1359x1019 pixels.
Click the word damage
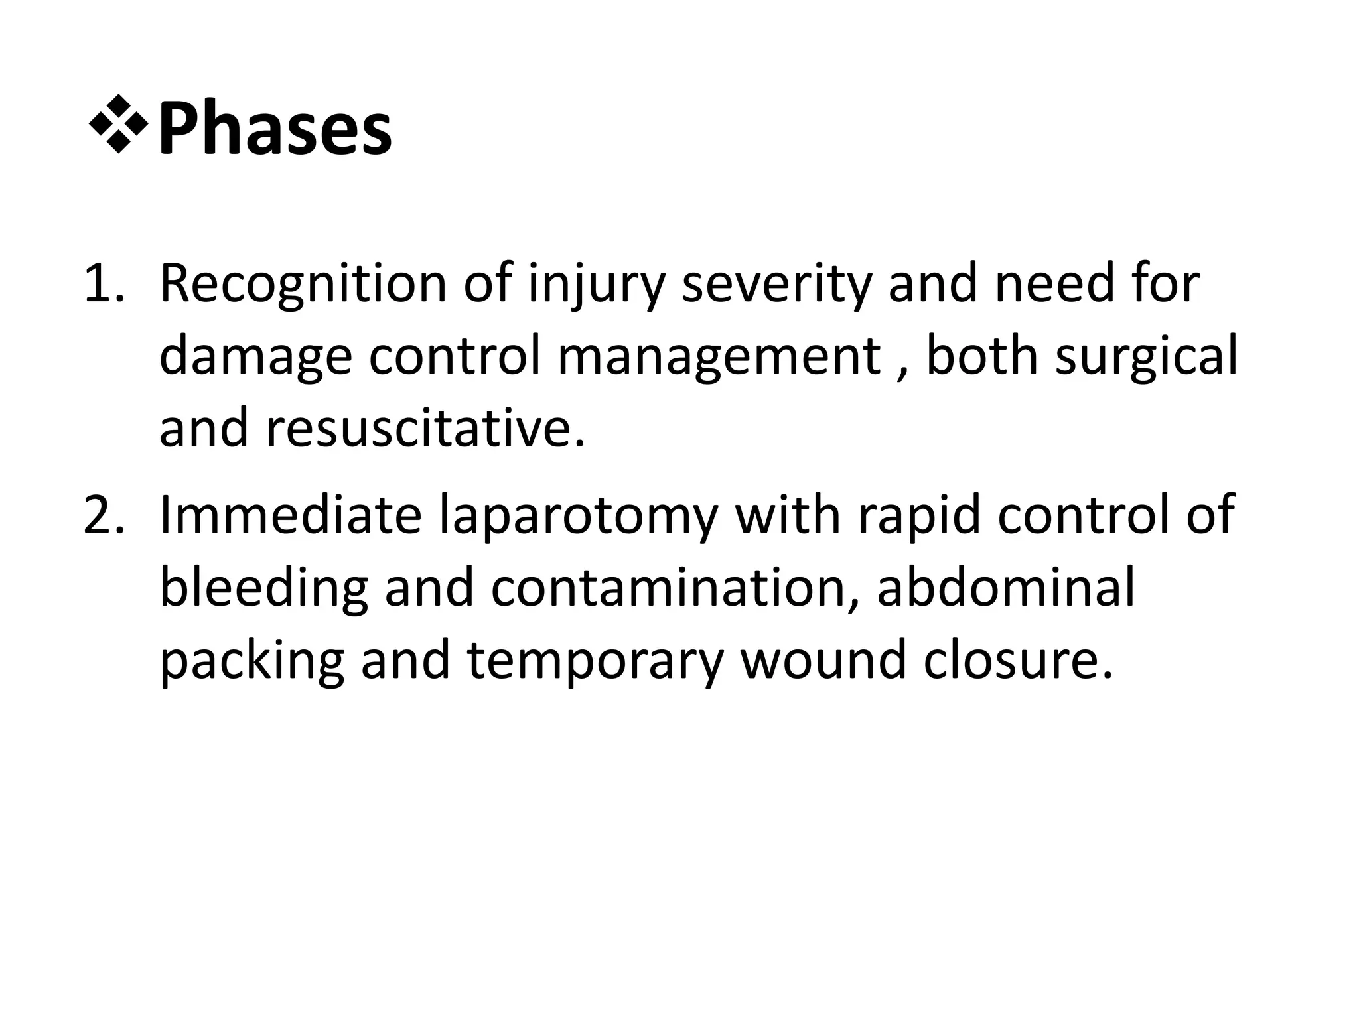coord(255,357)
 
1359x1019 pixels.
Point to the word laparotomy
coord(578,516)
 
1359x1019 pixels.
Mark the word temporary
coord(595,661)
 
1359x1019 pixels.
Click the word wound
coord(823,661)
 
